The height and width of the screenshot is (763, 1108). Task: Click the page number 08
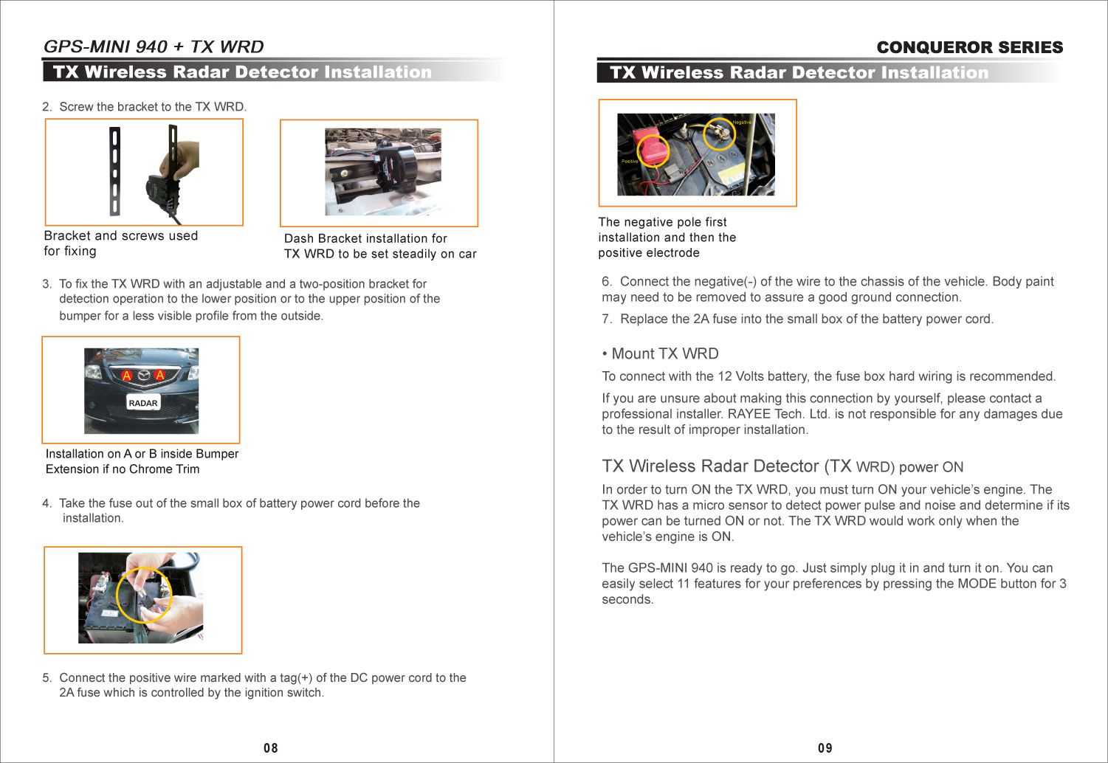click(x=271, y=748)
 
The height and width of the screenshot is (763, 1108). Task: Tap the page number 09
click(x=825, y=748)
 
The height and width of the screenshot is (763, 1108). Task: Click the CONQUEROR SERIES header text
click(x=969, y=47)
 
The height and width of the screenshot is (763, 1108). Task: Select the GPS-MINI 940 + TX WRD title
click(x=154, y=46)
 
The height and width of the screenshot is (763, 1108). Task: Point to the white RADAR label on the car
click(x=143, y=403)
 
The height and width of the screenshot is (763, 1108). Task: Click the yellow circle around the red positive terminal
click(x=653, y=150)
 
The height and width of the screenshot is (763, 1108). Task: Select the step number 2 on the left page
click(x=47, y=107)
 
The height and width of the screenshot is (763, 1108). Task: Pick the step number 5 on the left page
click(x=47, y=677)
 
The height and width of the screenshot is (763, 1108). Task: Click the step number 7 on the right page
click(x=606, y=319)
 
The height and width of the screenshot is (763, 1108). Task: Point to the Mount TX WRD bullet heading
click(x=661, y=353)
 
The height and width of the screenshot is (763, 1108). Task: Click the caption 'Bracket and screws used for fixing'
click(x=120, y=244)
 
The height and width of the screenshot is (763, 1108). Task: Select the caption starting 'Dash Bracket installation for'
click(x=379, y=246)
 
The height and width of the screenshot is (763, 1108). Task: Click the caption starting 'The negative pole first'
click(x=667, y=237)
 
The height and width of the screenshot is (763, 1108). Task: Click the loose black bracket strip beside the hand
click(x=114, y=170)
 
